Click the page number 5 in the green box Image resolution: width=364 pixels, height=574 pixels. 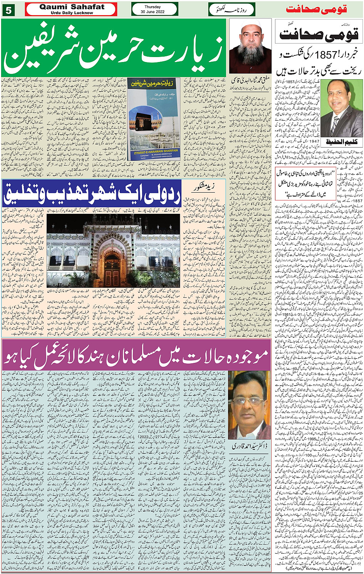click(8, 10)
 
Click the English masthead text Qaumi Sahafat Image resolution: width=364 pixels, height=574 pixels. click(72, 7)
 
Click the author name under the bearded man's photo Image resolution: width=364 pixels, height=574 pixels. click(250, 81)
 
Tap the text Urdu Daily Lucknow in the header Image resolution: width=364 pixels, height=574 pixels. click(72, 13)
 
